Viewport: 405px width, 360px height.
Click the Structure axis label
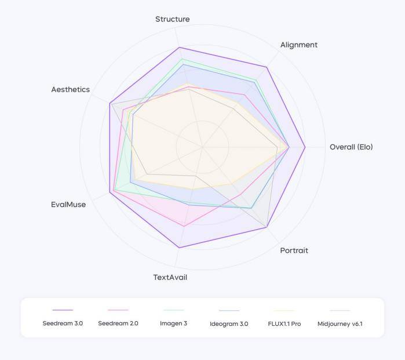point(172,19)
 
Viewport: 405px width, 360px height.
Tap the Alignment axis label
point(298,45)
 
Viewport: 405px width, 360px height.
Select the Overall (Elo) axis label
point(351,147)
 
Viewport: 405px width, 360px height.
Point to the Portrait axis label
point(294,250)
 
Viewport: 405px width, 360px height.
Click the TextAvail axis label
point(170,277)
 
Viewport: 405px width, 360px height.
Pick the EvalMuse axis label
point(68,204)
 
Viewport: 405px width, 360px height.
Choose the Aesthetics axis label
point(70,89)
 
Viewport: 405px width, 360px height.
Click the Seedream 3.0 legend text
point(63,323)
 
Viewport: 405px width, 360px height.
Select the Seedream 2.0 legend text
point(118,323)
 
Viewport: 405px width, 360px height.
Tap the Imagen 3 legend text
point(173,323)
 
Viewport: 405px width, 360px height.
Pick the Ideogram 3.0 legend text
point(229,323)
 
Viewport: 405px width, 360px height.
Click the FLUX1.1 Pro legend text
point(284,323)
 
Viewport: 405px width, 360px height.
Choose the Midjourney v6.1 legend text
point(340,323)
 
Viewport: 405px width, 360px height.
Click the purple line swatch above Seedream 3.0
point(63,310)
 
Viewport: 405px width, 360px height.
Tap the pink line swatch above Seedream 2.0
point(118,310)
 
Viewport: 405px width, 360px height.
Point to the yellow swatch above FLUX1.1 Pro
point(284,310)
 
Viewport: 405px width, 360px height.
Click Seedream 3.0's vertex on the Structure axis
point(179,47)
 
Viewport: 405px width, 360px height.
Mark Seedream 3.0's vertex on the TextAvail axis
point(179,248)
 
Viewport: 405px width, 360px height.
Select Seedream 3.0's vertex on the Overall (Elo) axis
point(305,147)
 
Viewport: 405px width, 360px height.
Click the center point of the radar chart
point(202,147)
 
